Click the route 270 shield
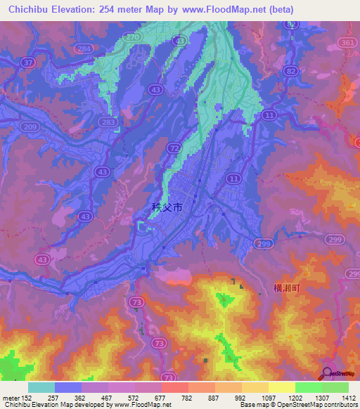tap(129, 36)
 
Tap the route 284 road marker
tap(84, 48)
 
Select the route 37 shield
tap(28, 63)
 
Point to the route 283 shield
tap(108, 122)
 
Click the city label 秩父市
tap(167, 207)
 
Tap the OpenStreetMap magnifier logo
tap(326, 372)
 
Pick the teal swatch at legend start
tap(41, 387)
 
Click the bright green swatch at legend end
tap(335, 387)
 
